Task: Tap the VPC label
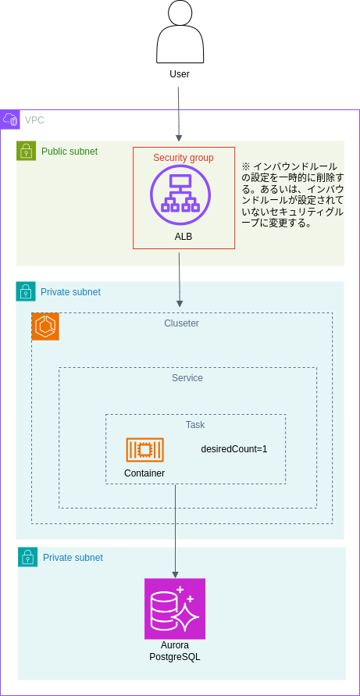(34, 120)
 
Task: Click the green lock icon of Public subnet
(27, 151)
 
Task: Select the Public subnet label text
(70, 152)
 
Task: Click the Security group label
(184, 158)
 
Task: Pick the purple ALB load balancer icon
(180, 194)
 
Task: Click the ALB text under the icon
(184, 237)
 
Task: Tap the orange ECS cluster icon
(45, 327)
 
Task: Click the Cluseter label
(181, 323)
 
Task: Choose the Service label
(187, 378)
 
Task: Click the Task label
(195, 425)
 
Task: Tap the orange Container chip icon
(144, 450)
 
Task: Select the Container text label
(144, 473)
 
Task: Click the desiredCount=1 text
(234, 449)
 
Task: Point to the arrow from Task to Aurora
(175, 531)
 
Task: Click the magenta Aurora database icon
(175, 609)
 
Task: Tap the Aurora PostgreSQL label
(175, 651)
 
